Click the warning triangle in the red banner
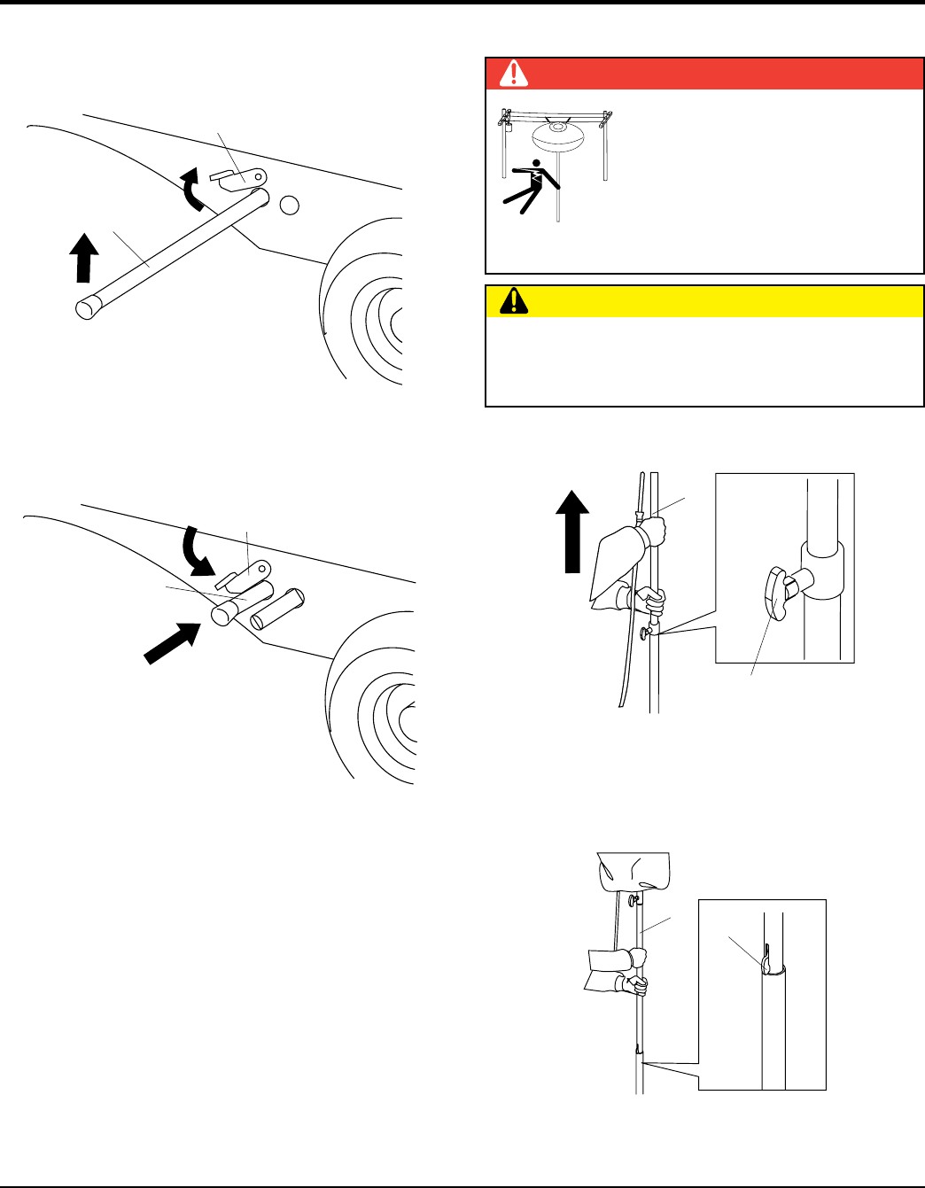coord(513,74)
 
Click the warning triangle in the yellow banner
coord(513,302)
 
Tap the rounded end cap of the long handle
coord(86,308)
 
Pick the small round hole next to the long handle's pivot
coord(288,206)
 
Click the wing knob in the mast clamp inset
coord(775,594)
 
